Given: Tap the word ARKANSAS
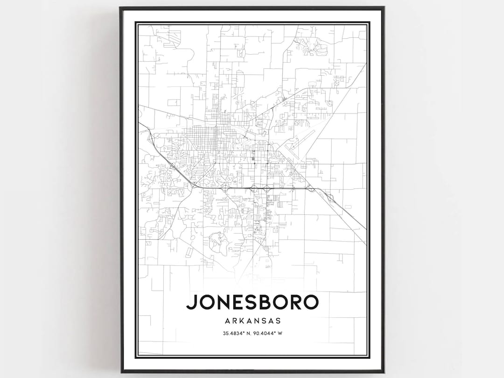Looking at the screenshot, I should click(252, 321).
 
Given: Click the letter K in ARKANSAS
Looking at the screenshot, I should click(241, 321).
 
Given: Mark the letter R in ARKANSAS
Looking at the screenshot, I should click(233, 321).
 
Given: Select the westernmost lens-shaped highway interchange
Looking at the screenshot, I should click(225, 188).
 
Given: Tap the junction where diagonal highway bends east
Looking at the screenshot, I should click(194, 186).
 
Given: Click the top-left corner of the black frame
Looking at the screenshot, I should click(120, 7).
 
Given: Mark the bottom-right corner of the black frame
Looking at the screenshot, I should click(384, 372).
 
